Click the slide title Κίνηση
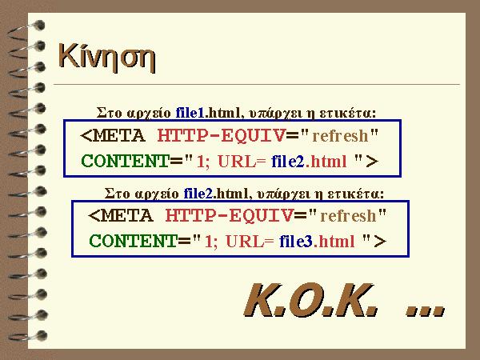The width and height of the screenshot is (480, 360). (107, 58)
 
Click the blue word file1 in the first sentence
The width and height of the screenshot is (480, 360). (190, 114)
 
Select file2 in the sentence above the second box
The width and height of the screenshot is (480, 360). (198, 194)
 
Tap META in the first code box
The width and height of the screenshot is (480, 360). (118, 136)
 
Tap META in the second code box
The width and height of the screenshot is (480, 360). (126, 215)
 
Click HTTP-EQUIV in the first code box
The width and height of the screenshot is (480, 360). (221, 136)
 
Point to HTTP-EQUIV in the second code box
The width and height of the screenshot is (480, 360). (229, 215)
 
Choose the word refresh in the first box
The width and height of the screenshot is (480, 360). (340, 136)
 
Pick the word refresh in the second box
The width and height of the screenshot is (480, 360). (348, 215)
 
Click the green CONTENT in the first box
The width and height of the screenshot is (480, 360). (126, 161)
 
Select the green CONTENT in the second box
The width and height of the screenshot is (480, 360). (133, 241)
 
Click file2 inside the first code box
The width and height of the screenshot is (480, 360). (288, 161)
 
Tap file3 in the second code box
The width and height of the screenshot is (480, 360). (296, 241)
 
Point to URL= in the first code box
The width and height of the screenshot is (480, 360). (242, 162)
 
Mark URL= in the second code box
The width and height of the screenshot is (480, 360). (250, 242)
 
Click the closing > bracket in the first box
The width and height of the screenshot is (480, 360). (372, 162)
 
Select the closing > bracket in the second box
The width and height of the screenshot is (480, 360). (380, 242)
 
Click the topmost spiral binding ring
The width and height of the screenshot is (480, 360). (26, 29)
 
